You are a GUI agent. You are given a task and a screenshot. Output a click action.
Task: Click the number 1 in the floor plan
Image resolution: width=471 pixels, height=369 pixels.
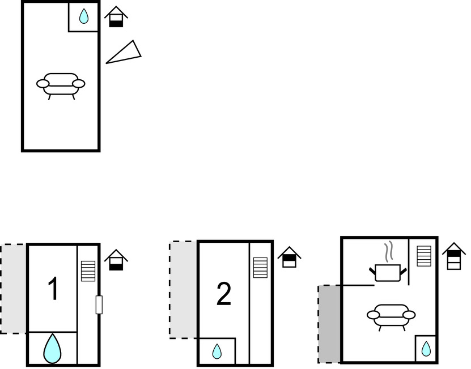(x=53, y=289)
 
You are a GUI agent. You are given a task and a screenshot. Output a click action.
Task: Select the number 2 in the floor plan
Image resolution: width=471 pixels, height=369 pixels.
(x=224, y=294)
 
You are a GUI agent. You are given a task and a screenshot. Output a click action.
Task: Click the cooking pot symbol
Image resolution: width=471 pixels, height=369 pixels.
(x=388, y=272)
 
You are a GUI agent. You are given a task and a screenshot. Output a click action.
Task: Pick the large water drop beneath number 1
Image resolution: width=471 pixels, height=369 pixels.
(x=53, y=349)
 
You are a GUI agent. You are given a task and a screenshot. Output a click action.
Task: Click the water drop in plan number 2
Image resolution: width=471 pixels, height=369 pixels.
(x=217, y=352)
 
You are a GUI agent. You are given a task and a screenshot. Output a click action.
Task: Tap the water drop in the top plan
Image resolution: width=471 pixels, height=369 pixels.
(x=84, y=17)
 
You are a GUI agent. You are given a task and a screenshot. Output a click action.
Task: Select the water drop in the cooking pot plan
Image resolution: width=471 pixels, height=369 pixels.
(x=426, y=349)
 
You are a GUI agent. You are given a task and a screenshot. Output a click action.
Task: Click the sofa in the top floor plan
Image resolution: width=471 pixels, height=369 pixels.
(x=61, y=84)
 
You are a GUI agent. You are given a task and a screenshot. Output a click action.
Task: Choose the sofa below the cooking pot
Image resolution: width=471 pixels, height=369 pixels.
(x=391, y=315)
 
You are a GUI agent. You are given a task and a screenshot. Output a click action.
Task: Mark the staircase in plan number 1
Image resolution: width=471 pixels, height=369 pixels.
(x=88, y=271)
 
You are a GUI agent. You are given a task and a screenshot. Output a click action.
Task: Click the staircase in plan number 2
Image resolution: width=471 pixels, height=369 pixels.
(x=260, y=268)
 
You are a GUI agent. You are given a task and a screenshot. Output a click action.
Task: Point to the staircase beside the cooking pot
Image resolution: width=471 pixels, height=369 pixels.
(x=425, y=256)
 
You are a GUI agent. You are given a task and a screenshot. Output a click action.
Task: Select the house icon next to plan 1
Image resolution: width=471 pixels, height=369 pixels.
(x=116, y=260)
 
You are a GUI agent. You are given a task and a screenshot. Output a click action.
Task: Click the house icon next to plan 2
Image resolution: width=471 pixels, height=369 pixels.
(x=289, y=257)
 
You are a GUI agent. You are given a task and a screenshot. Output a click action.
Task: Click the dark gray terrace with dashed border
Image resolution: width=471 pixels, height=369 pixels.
(x=329, y=324)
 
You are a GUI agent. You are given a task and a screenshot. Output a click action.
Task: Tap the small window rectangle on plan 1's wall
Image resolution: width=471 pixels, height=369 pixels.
(x=99, y=304)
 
